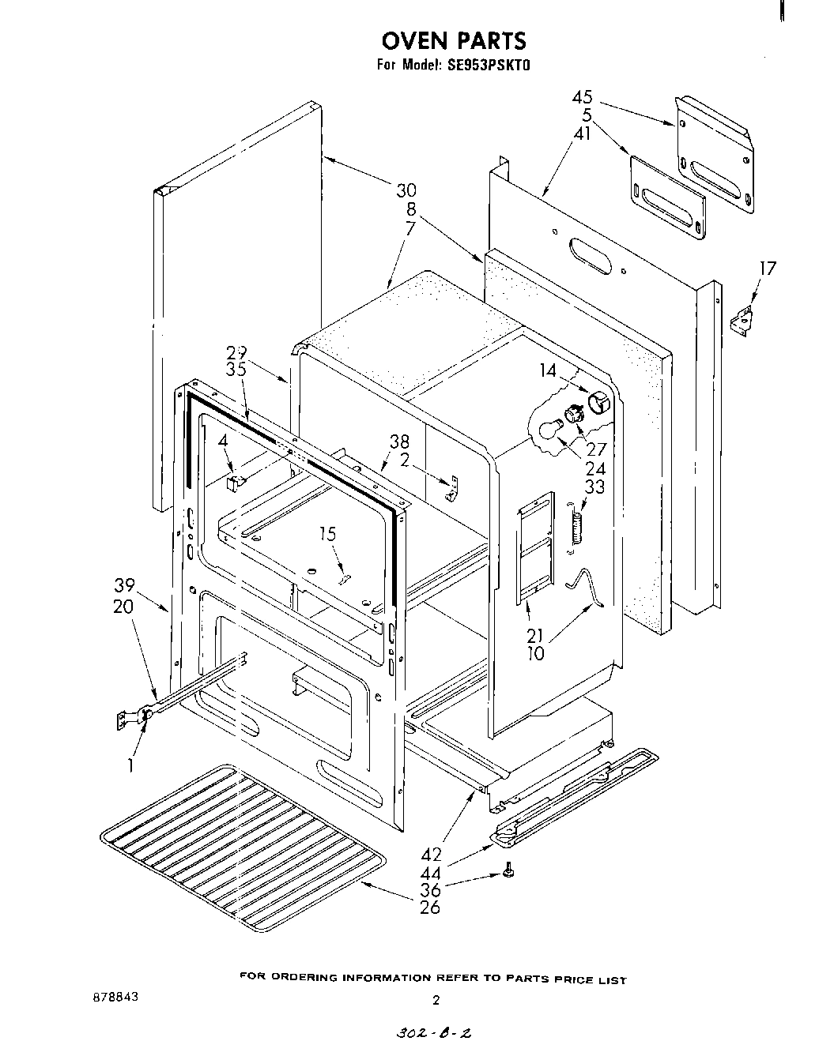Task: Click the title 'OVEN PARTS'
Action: [453, 40]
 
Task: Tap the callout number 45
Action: [582, 99]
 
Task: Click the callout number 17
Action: [768, 269]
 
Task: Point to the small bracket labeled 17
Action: [741, 321]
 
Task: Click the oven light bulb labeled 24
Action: [545, 430]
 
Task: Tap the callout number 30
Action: [406, 190]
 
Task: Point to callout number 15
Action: [327, 535]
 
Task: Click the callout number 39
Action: [123, 585]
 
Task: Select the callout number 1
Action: [130, 765]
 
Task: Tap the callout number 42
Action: [432, 855]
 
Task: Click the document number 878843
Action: [115, 997]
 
